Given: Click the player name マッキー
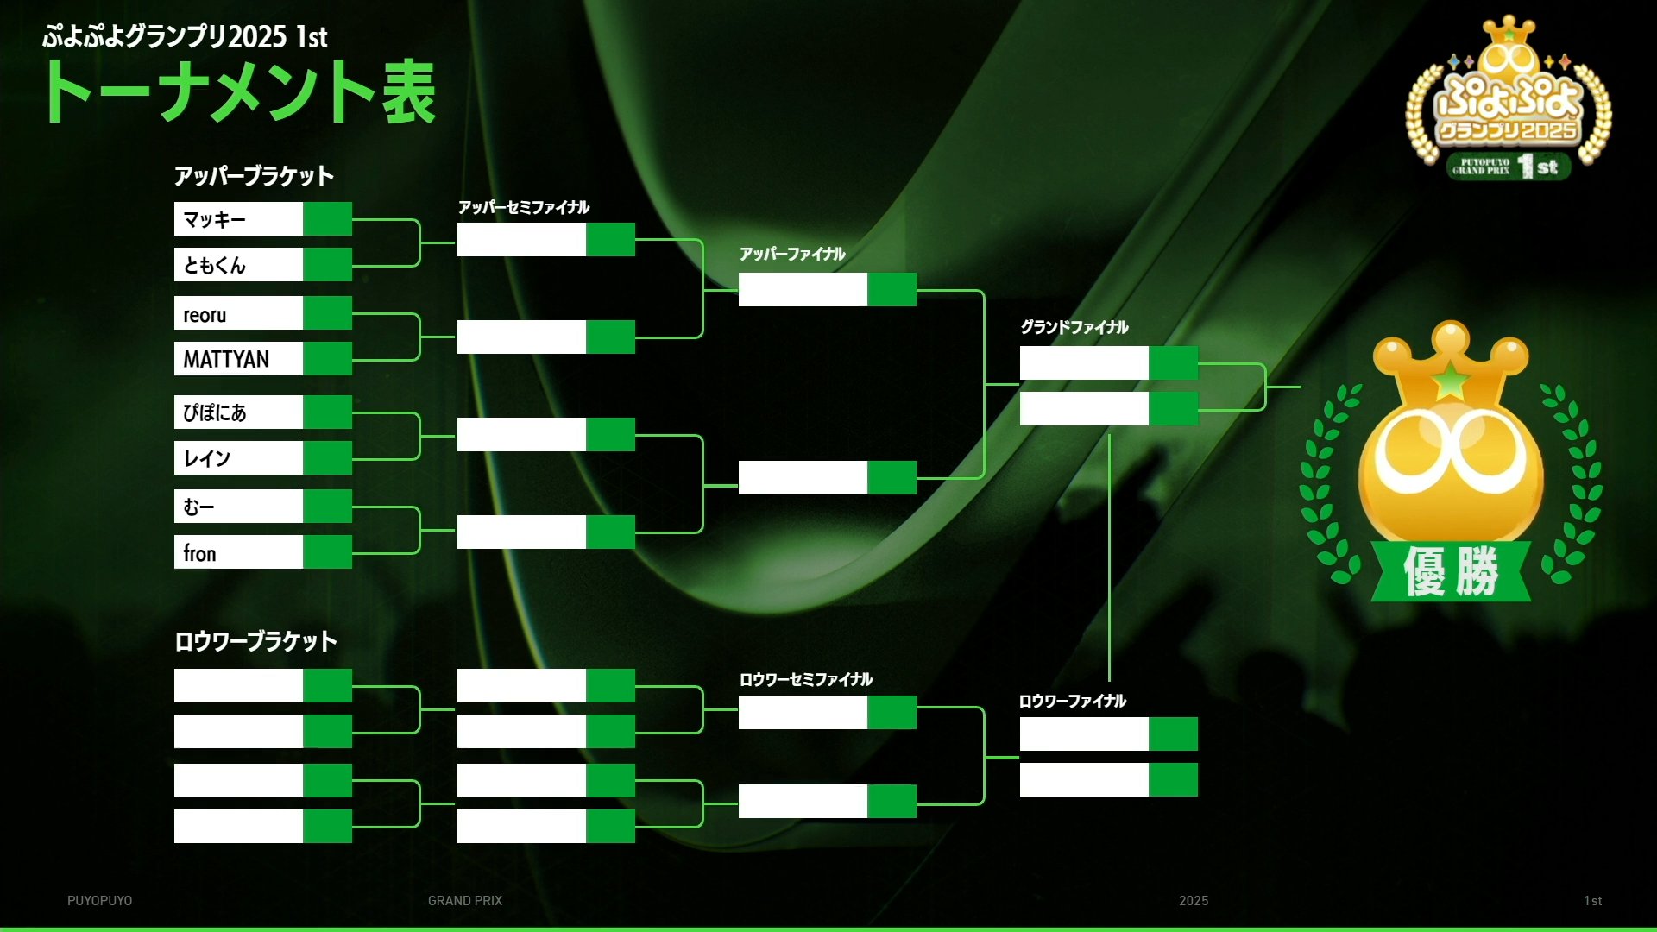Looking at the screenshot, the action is [x=214, y=219].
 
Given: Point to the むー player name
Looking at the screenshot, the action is [x=198, y=507].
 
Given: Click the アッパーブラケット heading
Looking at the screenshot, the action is [x=254, y=176].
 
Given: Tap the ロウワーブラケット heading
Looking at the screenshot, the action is [x=255, y=641].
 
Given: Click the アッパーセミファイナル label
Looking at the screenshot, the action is [x=524, y=207].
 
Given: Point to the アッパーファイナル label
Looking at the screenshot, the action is [x=792, y=254].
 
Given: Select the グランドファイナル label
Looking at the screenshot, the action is [x=1074, y=327].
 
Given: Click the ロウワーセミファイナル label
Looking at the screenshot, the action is [x=806, y=679].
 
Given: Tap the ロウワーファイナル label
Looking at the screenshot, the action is [x=1073, y=701].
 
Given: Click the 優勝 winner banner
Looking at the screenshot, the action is [x=1451, y=571].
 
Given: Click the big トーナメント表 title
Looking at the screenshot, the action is [x=241, y=91].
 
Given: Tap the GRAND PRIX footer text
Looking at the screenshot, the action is [x=465, y=901].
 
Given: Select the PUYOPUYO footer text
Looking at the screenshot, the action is [x=100, y=901].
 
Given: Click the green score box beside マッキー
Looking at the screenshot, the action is [x=327, y=219].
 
